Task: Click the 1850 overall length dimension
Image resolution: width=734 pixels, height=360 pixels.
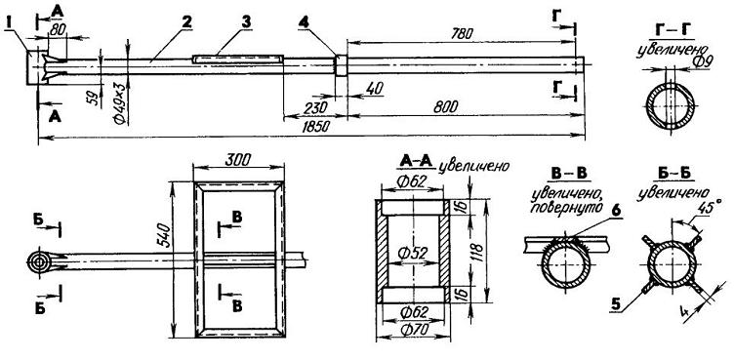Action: point(317,128)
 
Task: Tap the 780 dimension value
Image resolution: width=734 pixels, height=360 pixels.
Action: point(463,33)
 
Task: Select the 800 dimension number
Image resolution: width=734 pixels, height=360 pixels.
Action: point(447,106)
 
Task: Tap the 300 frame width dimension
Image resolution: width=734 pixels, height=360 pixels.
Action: point(237,160)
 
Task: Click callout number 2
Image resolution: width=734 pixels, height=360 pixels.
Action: point(188,21)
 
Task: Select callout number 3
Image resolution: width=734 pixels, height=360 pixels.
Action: point(246,21)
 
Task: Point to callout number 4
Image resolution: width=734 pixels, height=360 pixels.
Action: point(305,22)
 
